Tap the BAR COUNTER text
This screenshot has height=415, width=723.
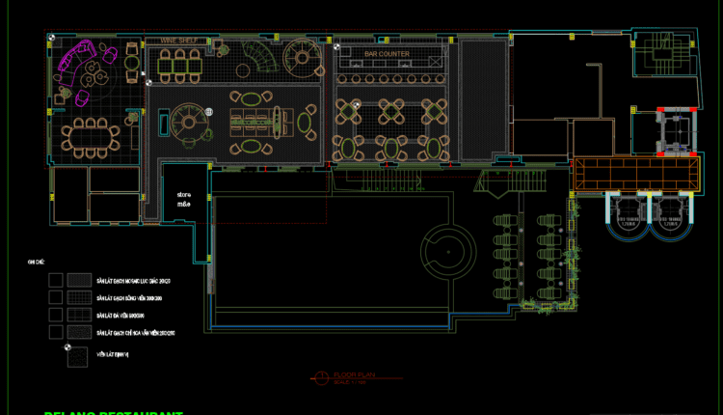click(x=387, y=54)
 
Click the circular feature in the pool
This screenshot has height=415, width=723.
click(x=447, y=251)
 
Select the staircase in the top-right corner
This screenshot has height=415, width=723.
click(x=664, y=53)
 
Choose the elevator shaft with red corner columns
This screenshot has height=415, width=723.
click(x=675, y=130)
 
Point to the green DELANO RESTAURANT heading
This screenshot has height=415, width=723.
click(x=114, y=412)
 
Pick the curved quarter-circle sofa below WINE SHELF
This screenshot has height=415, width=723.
click(x=257, y=57)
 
